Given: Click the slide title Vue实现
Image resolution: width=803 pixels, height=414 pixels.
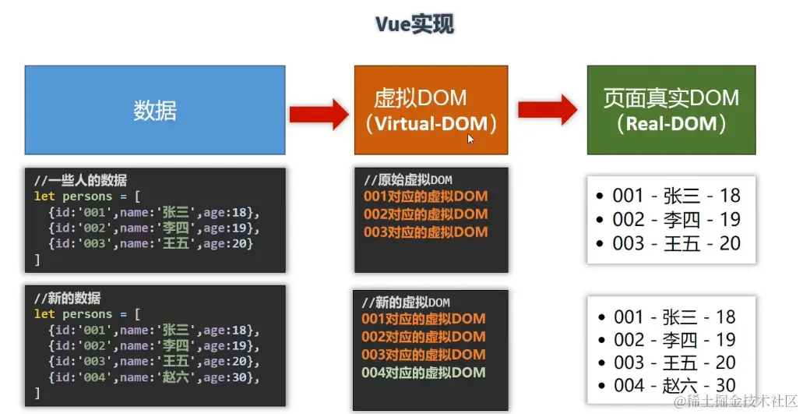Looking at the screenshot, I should [414, 24].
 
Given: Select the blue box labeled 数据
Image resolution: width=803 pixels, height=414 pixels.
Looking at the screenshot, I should [155, 110].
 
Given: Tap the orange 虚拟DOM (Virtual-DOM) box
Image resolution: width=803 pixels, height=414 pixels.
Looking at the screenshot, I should [431, 110].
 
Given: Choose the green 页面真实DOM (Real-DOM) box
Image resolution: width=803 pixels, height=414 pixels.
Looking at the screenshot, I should [671, 110].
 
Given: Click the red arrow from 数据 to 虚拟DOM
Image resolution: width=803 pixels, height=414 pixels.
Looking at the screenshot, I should [319, 114].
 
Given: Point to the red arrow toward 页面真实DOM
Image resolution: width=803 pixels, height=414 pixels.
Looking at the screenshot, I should [547, 110].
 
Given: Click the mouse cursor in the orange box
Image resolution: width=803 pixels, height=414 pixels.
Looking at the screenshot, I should [470, 139].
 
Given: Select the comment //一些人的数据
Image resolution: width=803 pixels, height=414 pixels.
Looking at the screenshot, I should [80, 181].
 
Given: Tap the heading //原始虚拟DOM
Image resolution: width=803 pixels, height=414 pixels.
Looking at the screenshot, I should [407, 180].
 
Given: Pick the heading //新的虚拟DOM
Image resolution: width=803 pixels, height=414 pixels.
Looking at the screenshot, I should [406, 302].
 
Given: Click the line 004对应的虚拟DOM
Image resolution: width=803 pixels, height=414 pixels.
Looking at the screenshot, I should [424, 372].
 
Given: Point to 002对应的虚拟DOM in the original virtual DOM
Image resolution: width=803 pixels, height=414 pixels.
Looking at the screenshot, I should [425, 214].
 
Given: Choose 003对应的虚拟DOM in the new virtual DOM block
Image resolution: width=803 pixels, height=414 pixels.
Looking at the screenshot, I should [424, 354].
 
